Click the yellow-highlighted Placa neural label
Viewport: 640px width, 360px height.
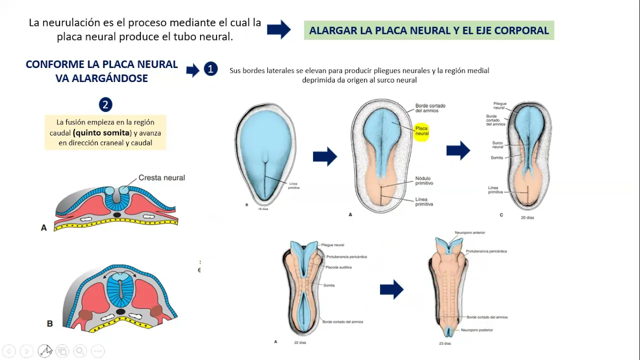click(421, 131)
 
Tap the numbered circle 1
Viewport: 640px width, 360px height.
click(210, 69)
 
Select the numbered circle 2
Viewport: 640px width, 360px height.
click(105, 104)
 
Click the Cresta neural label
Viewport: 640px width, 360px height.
click(161, 177)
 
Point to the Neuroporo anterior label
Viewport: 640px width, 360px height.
click(469, 233)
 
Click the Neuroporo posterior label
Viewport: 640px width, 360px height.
click(476, 330)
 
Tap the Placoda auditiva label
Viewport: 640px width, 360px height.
click(338, 267)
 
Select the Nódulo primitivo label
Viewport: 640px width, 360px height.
click(423, 181)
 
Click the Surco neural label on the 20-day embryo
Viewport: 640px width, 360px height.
click(497, 145)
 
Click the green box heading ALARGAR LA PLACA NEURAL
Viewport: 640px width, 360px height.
click(428, 30)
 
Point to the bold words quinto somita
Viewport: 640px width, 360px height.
click(102, 133)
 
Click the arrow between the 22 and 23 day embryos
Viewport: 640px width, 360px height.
click(391, 289)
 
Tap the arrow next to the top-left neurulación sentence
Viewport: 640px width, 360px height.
click(278, 29)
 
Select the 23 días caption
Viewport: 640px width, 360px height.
click(444, 343)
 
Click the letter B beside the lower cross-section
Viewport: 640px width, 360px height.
click(49, 323)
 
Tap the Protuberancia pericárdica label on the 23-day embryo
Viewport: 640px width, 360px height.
click(486, 251)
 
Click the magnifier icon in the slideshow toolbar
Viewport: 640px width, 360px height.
click(80, 351)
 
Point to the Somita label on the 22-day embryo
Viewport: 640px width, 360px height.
click(329, 285)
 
